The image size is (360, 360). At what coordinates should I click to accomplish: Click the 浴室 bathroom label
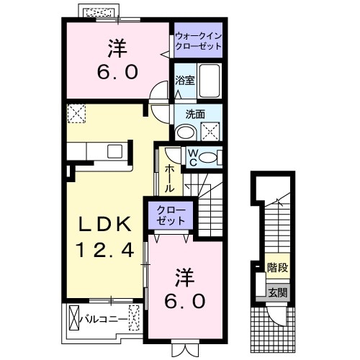(x=185, y=81)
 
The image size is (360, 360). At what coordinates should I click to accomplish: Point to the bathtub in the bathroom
(x=210, y=81)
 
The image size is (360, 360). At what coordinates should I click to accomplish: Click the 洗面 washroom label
(x=194, y=113)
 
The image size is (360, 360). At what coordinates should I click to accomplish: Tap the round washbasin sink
(x=185, y=132)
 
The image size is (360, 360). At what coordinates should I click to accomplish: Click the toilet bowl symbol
(x=210, y=158)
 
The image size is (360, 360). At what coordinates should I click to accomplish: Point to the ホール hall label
(x=168, y=178)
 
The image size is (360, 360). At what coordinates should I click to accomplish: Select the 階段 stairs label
(x=277, y=268)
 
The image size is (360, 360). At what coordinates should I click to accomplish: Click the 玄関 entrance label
(x=277, y=292)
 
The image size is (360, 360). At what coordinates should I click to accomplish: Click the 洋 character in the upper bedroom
(x=117, y=48)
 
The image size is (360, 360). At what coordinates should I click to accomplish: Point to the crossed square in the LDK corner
(x=76, y=113)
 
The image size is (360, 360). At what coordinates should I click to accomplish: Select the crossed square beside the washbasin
(x=210, y=131)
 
